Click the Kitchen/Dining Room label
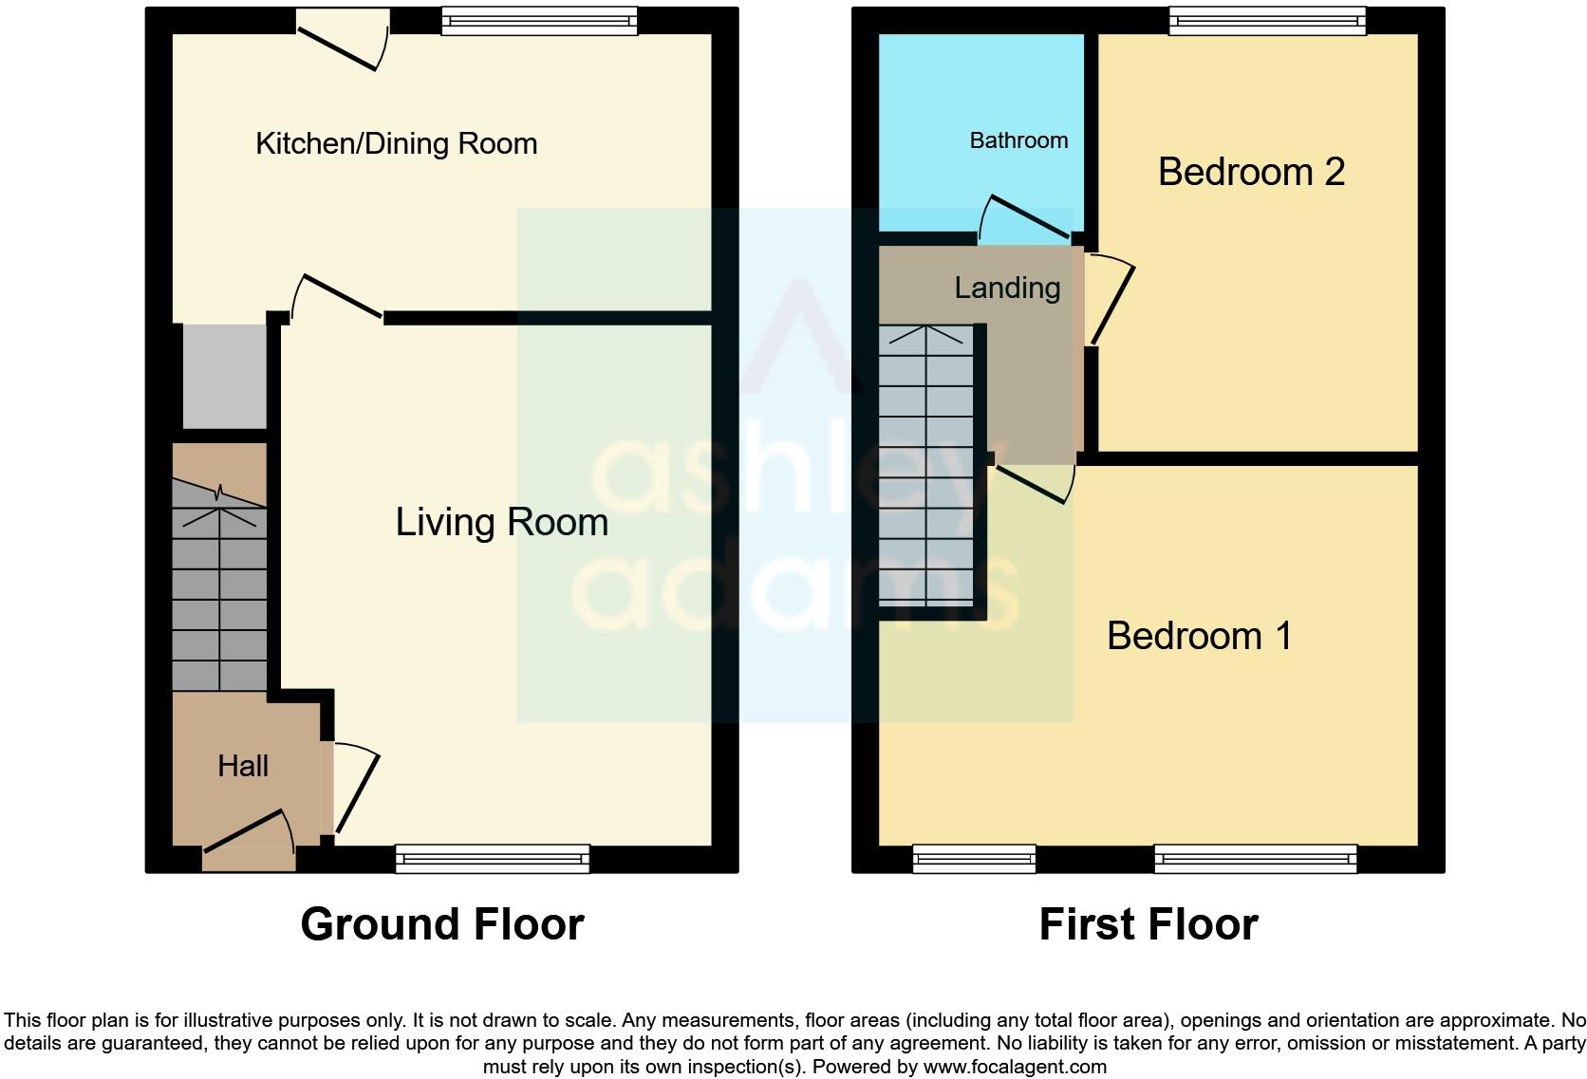396,143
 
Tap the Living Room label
501,522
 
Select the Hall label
243,766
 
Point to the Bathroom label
1018,140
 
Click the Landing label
1007,288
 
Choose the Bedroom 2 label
1251,172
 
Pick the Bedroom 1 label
1199,636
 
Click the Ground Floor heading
441,924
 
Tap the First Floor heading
1148,924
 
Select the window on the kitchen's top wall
539,21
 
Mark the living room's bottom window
492,859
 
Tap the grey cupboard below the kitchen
225,377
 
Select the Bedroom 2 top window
1267,21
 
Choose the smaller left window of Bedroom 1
974,859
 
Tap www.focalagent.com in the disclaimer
1015,1067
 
